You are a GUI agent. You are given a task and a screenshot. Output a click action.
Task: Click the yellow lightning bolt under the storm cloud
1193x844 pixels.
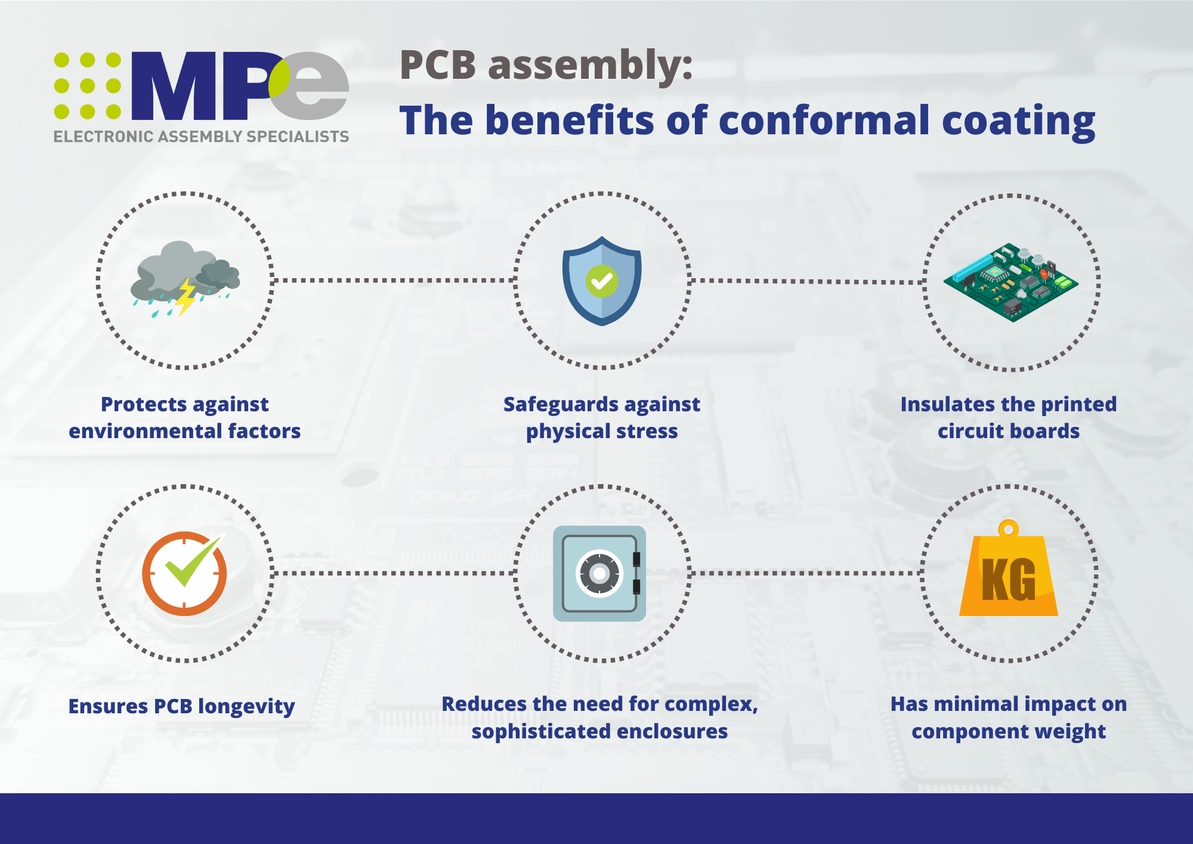click(x=186, y=295)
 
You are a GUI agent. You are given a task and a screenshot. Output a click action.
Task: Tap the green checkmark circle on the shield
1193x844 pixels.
click(x=602, y=281)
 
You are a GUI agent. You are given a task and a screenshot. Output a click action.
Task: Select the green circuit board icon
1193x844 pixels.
click(x=1011, y=282)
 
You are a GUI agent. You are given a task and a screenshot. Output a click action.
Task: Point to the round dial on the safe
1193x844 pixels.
click(x=599, y=574)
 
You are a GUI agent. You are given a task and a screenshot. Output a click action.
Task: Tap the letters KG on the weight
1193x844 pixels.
click(x=1009, y=580)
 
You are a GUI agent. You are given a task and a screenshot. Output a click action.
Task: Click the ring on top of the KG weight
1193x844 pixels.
click(x=1009, y=528)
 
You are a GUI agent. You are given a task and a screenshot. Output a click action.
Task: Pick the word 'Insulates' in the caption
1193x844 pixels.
click(x=944, y=404)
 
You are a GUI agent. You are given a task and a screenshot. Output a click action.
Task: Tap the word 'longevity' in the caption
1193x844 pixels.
click(x=246, y=707)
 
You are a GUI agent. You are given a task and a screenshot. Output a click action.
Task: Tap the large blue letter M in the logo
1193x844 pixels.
click(x=174, y=86)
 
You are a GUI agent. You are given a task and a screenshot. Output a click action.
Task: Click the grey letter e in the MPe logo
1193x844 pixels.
click(x=310, y=86)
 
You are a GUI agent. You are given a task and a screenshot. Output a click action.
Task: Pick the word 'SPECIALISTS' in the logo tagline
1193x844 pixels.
click(x=298, y=137)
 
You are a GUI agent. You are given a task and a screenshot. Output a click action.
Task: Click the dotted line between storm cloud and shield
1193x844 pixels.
click(x=394, y=280)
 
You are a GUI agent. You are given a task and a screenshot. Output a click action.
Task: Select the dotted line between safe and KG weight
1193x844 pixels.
click(x=805, y=573)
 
